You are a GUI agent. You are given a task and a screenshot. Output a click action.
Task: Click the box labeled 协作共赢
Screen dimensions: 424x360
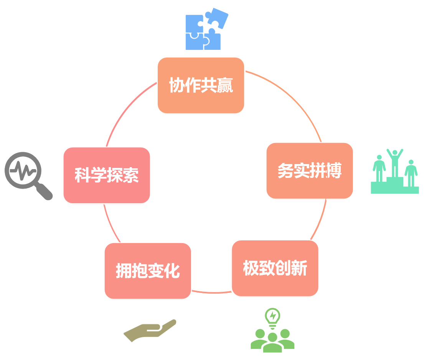201,85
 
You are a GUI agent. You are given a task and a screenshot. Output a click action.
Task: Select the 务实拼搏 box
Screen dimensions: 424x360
310,171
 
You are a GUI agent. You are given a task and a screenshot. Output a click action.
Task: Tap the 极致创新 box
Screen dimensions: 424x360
275,268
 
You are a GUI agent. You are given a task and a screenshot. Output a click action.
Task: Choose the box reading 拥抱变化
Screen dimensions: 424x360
148,271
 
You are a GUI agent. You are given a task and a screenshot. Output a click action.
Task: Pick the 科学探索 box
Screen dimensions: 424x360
107,175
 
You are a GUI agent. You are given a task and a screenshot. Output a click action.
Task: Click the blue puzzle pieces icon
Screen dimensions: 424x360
207,29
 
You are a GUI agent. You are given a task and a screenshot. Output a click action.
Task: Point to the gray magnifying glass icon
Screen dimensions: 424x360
28,176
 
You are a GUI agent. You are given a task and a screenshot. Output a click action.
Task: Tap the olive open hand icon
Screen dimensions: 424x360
150,330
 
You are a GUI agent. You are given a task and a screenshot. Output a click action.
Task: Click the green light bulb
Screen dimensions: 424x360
272,318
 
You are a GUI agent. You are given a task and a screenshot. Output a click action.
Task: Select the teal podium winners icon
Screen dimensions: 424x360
395,171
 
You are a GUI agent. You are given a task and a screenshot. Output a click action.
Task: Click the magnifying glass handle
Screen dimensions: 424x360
44,191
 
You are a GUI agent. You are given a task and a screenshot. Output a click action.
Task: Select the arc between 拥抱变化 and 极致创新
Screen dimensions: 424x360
212,292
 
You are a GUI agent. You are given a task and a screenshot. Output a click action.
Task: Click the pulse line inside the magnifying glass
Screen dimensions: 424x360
23,171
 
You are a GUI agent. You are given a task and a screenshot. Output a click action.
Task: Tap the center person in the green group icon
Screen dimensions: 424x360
272,343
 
